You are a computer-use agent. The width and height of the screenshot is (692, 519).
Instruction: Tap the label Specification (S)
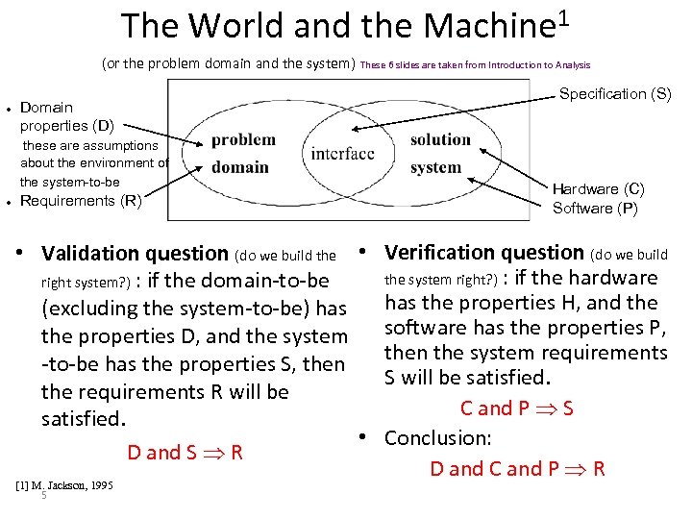(x=615, y=93)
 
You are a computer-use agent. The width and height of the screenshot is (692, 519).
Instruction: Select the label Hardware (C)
(x=598, y=189)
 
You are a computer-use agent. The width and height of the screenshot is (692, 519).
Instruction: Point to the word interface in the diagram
(x=343, y=154)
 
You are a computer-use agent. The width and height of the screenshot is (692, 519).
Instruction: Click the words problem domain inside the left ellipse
(x=242, y=153)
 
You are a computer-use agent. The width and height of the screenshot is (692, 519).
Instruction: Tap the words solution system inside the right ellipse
(x=439, y=153)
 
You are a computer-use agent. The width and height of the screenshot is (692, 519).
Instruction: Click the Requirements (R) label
(x=81, y=201)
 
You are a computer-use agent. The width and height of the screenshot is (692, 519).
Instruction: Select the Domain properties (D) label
(x=65, y=116)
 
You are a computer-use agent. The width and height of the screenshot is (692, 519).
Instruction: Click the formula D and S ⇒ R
(x=185, y=453)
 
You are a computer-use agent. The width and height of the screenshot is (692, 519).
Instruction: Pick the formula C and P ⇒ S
(x=517, y=408)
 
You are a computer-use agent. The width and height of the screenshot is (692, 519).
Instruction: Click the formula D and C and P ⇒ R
(x=517, y=469)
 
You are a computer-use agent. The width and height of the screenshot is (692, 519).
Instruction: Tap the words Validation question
(x=135, y=254)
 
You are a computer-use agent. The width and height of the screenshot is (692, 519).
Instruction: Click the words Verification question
(x=484, y=253)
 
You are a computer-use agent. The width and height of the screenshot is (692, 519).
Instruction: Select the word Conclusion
(x=438, y=438)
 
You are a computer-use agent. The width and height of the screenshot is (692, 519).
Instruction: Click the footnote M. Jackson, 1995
(x=64, y=485)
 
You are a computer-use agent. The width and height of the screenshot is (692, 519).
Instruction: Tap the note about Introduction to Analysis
(x=476, y=65)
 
